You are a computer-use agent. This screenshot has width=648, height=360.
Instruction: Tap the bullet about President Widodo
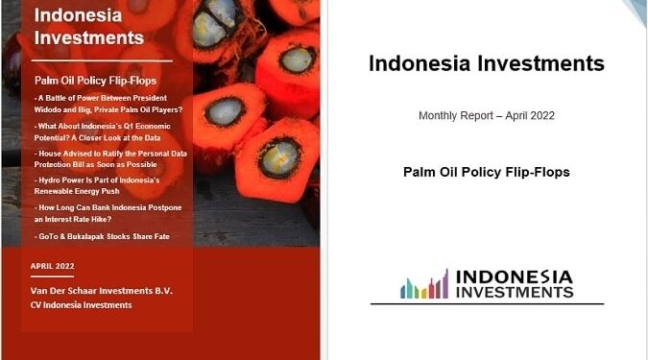coord(101,104)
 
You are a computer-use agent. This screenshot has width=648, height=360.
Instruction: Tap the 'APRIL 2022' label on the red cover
coord(53,266)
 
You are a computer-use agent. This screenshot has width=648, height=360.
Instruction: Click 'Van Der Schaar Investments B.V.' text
coord(102,290)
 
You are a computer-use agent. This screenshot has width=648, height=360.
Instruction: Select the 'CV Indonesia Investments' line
coord(82,304)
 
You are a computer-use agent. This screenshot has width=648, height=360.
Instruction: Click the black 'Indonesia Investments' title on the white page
coord(487,64)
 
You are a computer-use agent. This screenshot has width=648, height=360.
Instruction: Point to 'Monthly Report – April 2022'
coord(487,115)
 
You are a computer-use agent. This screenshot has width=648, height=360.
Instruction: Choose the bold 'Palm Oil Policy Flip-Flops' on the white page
coord(487,173)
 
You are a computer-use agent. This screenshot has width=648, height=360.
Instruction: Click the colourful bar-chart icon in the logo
coord(423,284)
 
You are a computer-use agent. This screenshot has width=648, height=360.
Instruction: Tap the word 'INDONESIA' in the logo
coord(515,276)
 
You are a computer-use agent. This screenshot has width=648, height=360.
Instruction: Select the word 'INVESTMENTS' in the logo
coord(515,292)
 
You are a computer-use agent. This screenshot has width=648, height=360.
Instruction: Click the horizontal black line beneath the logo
coord(487,304)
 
